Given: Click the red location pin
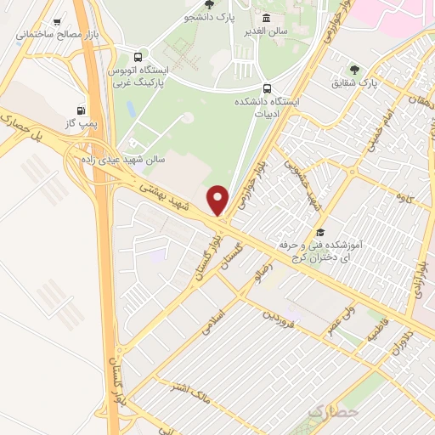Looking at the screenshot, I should (218, 200).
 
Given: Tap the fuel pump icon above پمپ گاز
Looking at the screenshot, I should (80, 110).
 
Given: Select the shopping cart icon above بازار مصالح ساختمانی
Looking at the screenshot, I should (57, 22).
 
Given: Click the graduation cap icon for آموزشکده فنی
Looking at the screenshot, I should (320, 232).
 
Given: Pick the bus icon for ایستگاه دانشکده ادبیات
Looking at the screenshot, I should (268, 88).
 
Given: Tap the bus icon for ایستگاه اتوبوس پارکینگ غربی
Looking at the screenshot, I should (148, 56).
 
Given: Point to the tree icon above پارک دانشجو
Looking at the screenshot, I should (209, 4).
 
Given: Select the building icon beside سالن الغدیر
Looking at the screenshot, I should (267, 19).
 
